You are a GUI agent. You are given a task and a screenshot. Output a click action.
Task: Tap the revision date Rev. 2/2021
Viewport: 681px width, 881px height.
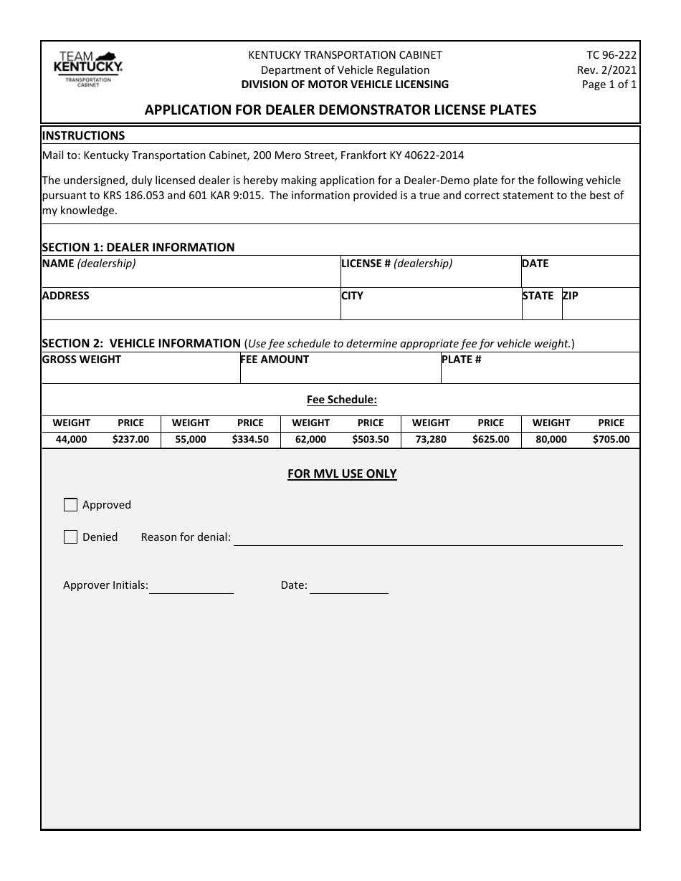[x=606, y=69]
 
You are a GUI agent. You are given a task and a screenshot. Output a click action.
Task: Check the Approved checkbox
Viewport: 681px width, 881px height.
[x=70, y=505]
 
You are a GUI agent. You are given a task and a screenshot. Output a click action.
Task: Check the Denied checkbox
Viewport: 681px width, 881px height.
[x=70, y=537]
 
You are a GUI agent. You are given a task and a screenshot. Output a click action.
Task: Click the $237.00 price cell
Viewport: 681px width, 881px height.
[x=130, y=440]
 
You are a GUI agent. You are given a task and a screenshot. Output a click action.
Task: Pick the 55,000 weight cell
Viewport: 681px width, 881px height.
[x=191, y=440]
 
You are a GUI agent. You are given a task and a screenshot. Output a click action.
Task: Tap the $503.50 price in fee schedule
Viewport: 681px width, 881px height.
[x=371, y=440]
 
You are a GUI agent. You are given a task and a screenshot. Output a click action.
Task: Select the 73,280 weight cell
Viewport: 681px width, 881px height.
[x=431, y=440]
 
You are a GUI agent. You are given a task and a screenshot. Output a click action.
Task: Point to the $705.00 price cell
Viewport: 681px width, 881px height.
[x=611, y=440]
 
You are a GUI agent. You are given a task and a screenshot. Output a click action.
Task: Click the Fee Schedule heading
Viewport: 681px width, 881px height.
[x=342, y=400]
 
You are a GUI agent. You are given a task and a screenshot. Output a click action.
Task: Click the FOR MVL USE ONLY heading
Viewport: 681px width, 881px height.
[x=342, y=473]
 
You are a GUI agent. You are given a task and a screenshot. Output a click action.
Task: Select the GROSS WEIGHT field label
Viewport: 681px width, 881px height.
[x=82, y=360]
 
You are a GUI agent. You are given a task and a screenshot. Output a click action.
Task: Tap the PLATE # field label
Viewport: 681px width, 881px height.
[x=462, y=360]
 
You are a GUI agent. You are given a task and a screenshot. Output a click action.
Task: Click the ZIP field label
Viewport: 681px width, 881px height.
[x=571, y=296]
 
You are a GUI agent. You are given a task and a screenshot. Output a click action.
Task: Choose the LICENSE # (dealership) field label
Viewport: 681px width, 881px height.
[x=397, y=264]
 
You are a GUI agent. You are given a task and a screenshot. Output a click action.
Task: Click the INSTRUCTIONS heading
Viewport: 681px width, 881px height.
[x=83, y=135]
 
